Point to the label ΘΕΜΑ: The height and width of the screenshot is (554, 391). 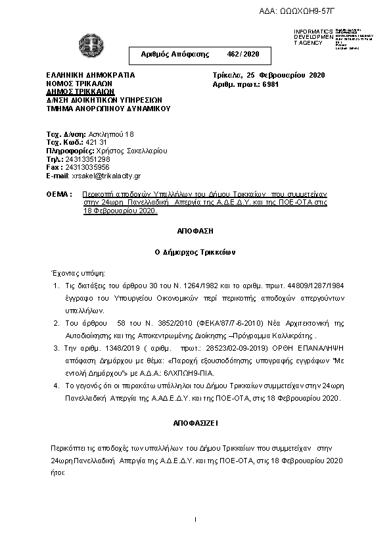(59, 195)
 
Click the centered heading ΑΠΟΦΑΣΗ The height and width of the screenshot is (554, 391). (195, 232)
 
